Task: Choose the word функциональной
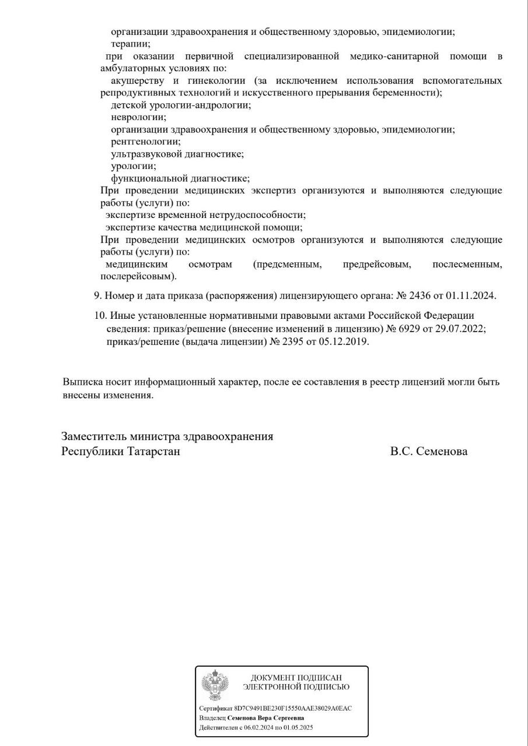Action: [146, 178]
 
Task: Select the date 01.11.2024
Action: [470, 295]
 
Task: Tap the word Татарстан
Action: [153, 451]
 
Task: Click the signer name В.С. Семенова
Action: [429, 451]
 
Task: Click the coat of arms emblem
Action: [215, 685]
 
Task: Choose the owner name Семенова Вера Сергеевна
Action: [265, 718]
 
